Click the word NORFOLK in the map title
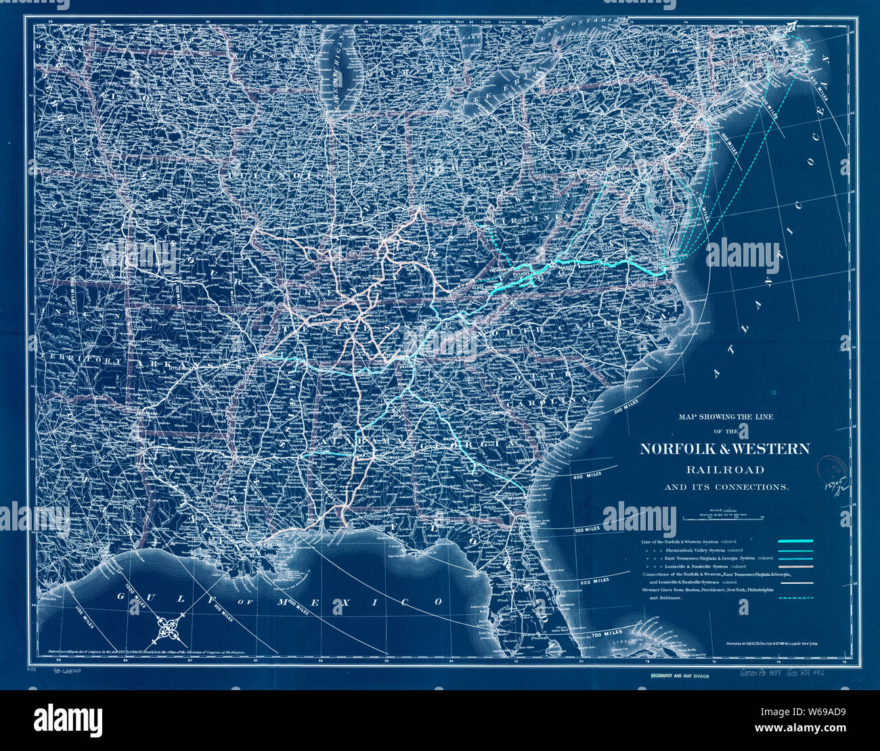[684, 449]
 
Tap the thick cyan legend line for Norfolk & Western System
[795, 541]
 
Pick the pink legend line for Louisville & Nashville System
[795, 566]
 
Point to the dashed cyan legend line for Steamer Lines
[795, 598]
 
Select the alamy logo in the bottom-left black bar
[68, 718]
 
